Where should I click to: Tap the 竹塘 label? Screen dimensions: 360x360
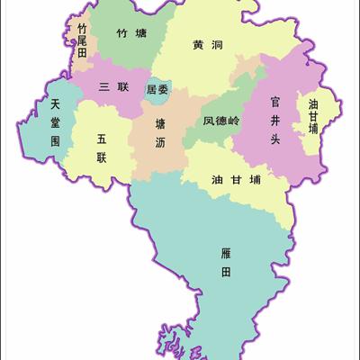tap(129, 33)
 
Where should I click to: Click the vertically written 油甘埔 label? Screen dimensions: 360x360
tap(312, 115)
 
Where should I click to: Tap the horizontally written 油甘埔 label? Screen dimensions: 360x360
tap(236, 178)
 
